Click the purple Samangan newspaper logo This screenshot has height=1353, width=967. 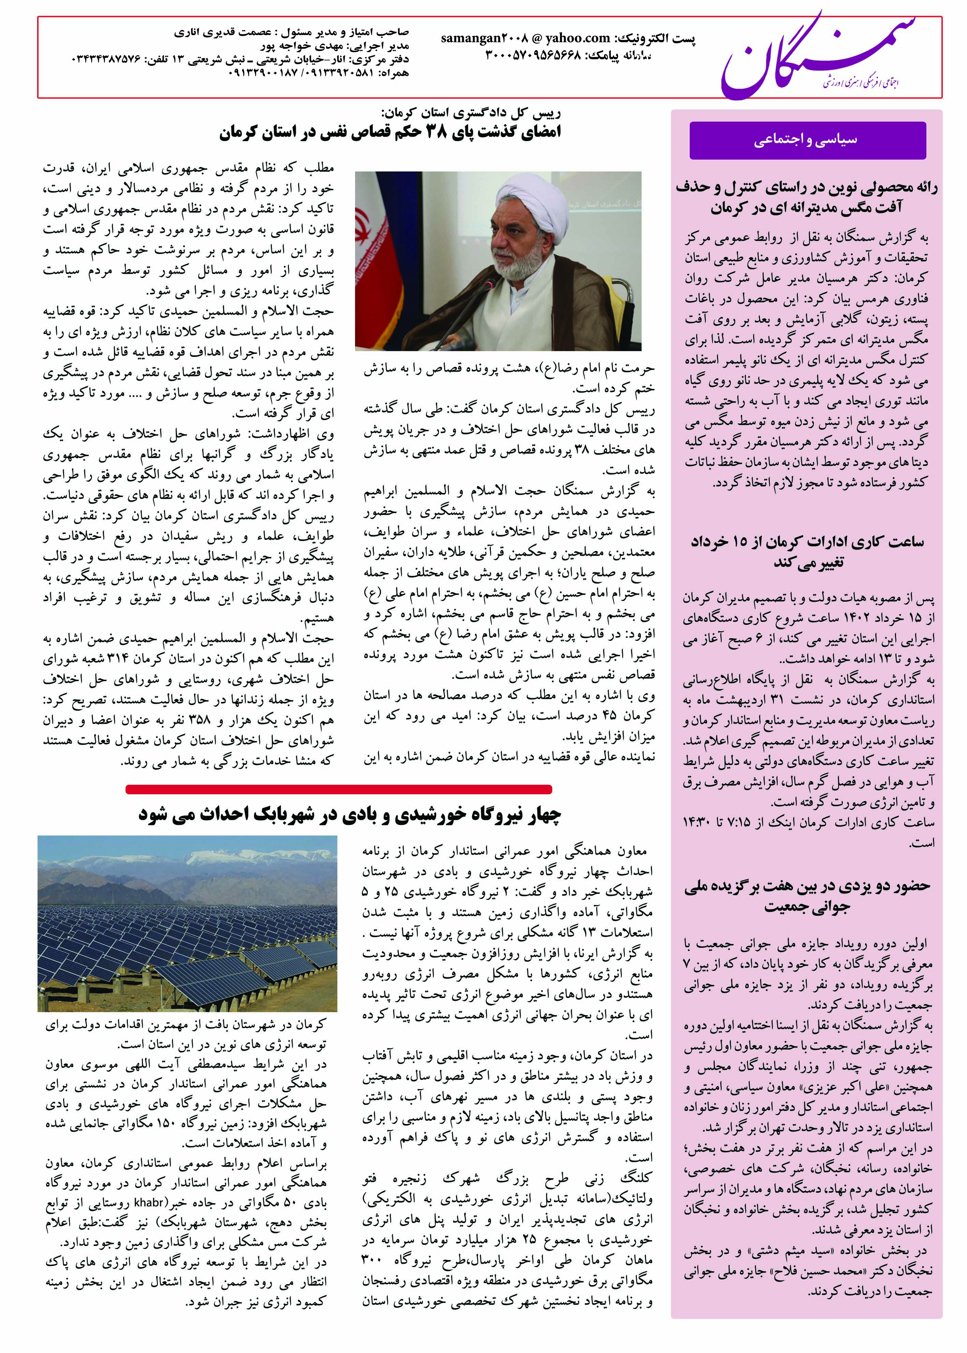816,57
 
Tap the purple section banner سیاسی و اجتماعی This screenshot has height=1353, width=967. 807,140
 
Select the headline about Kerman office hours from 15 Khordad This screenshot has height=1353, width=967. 807,552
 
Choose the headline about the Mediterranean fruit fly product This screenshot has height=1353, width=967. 807,197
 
